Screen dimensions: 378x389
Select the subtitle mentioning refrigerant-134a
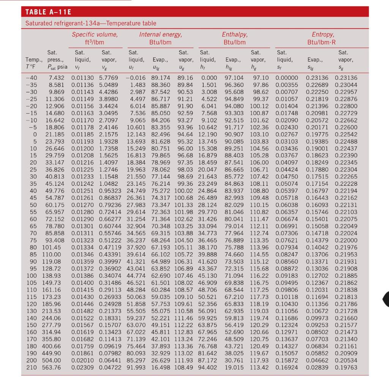[91, 24]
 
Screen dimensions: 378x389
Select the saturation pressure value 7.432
[56, 78]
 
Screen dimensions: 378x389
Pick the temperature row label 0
[35, 134]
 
